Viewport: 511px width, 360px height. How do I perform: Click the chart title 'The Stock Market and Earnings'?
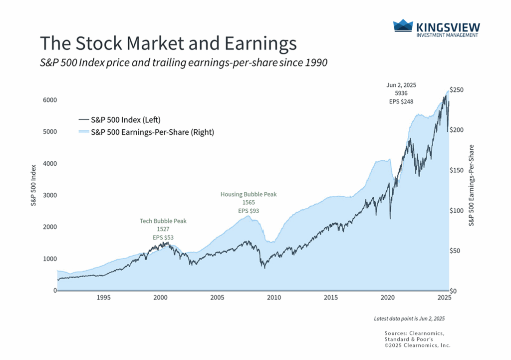(x=168, y=43)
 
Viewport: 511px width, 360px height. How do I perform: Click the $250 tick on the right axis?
(x=458, y=89)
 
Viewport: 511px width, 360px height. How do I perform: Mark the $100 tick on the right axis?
(x=458, y=210)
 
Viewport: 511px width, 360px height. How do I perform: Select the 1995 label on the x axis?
(x=103, y=298)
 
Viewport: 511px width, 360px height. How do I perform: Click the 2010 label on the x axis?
(x=274, y=298)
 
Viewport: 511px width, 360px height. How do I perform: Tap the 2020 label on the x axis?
(x=388, y=298)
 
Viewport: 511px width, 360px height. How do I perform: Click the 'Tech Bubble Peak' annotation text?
(x=163, y=221)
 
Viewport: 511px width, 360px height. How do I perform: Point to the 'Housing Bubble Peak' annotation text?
(x=249, y=194)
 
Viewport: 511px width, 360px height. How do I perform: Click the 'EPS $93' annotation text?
(x=249, y=211)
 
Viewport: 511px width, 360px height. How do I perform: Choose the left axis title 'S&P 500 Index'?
(x=34, y=185)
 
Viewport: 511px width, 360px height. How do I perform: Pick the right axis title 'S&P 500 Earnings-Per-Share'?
(x=472, y=185)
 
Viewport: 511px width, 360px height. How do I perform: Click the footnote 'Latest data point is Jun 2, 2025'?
(x=409, y=318)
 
